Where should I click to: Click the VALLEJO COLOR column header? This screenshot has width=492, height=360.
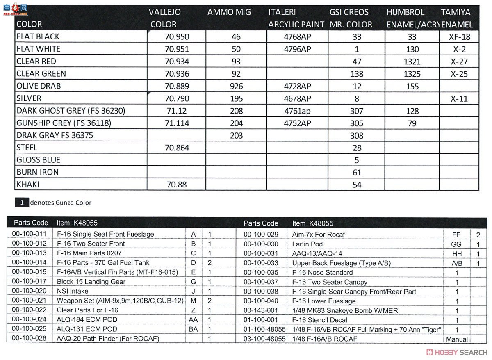[x=165, y=18]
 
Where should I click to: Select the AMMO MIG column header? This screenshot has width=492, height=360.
[x=229, y=12]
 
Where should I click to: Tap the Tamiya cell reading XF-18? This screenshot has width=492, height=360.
[x=460, y=37]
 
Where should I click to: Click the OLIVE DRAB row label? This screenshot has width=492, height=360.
[x=39, y=86]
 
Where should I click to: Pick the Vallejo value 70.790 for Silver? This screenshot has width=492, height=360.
[x=177, y=98]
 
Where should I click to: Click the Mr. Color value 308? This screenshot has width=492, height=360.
[x=357, y=135]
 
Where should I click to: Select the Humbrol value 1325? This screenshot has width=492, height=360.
[x=412, y=74]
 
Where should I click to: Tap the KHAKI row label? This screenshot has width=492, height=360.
[x=28, y=185]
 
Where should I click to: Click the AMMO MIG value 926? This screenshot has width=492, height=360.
[x=236, y=86]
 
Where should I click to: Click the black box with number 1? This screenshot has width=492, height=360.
[x=22, y=202]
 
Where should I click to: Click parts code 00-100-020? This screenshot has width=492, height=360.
[x=29, y=291]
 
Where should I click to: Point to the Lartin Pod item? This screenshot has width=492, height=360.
[x=307, y=244]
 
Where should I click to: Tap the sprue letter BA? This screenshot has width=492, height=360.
[x=193, y=329]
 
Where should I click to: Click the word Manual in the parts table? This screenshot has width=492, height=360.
[x=457, y=339]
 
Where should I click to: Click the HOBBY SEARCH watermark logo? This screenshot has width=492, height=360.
[x=457, y=352]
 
